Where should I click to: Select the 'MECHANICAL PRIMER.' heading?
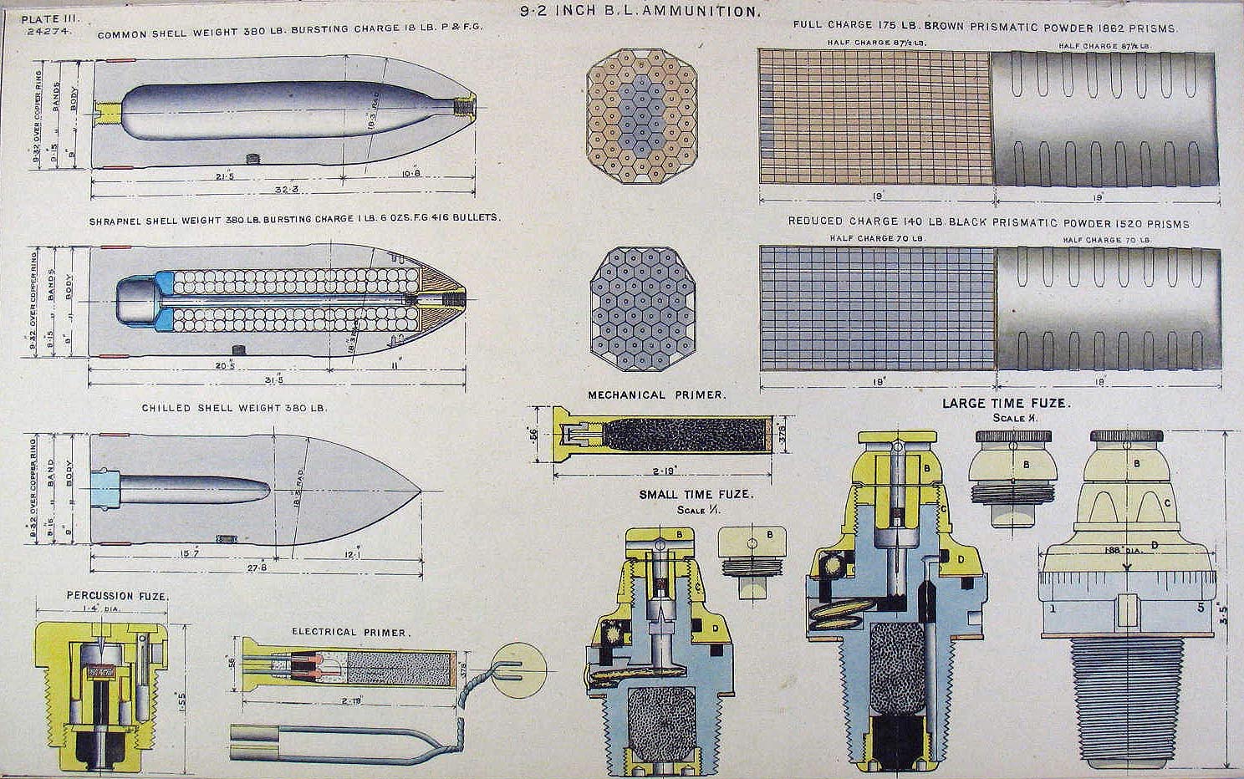[x=656, y=395]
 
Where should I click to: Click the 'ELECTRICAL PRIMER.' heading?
[x=350, y=632]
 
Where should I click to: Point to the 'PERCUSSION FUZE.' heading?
[x=117, y=596]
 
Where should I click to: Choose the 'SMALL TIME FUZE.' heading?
[x=696, y=494]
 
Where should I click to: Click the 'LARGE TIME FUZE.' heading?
[x=1006, y=403]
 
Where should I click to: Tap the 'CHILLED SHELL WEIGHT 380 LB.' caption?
[x=234, y=408]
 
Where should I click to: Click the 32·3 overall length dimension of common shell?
[x=286, y=190]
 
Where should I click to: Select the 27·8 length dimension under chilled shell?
[x=257, y=568]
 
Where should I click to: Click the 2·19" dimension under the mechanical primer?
[x=665, y=470]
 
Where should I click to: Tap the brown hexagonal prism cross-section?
[x=642, y=115]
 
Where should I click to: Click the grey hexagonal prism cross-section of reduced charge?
[x=642, y=308]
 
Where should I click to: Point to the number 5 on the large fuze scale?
[x=1201, y=608]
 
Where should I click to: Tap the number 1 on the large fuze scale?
[x=1053, y=608]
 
